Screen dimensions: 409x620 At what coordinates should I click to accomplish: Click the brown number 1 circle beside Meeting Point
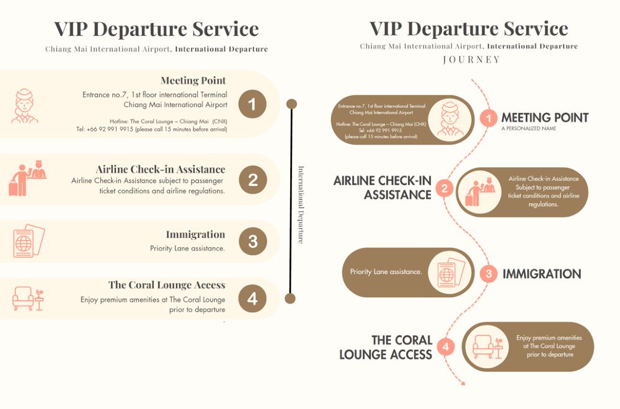click(x=252, y=104)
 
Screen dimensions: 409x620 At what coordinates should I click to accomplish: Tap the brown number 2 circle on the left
click(x=252, y=180)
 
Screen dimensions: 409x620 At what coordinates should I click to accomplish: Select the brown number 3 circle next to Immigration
click(x=252, y=241)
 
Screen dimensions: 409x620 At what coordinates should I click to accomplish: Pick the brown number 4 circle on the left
click(x=252, y=299)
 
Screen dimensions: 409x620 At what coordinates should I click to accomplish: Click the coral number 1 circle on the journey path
click(x=489, y=118)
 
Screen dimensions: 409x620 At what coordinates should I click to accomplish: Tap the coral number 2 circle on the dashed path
click(x=444, y=188)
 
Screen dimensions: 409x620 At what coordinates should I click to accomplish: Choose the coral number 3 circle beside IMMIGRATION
click(x=489, y=273)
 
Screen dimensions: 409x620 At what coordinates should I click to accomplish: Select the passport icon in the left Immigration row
click(x=29, y=241)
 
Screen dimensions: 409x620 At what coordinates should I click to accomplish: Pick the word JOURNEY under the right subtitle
click(x=472, y=60)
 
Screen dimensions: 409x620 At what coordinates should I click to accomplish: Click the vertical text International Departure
click(x=301, y=204)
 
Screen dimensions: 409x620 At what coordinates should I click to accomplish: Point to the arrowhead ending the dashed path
click(x=463, y=382)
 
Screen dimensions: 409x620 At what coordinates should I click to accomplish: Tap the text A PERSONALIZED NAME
click(x=529, y=129)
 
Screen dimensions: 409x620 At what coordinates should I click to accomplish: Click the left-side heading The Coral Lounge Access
click(x=167, y=285)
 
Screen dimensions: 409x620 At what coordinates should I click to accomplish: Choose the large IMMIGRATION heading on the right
click(x=541, y=274)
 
